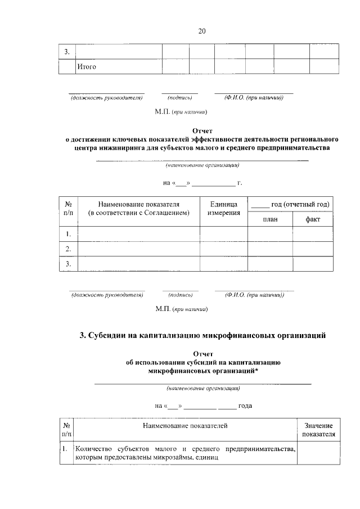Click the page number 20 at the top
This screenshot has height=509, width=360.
(x=202, y=31)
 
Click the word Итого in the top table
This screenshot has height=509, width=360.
(x=87, y=67)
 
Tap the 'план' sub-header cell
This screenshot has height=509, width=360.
(x=270, y=219)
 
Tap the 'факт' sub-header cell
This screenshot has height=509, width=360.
(x=313, y=219)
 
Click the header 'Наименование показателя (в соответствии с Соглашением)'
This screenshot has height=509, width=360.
(x=138, y=208)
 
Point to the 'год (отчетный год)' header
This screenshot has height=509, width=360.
(x=290, y=204)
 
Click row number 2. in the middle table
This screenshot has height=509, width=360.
(x=68, y=249)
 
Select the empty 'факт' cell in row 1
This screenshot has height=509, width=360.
(x=313, y=233)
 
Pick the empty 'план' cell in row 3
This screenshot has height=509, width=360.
(x=270, y=264)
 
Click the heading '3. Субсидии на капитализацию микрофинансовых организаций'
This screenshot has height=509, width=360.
(x=202, y=336)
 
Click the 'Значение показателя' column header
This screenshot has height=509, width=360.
(x=318, y=430)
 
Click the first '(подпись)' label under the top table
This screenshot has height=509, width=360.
(x=179, y=98)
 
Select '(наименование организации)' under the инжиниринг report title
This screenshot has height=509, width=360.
(x=202, y=166)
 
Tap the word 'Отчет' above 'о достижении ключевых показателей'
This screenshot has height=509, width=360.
(x=202, y=130)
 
